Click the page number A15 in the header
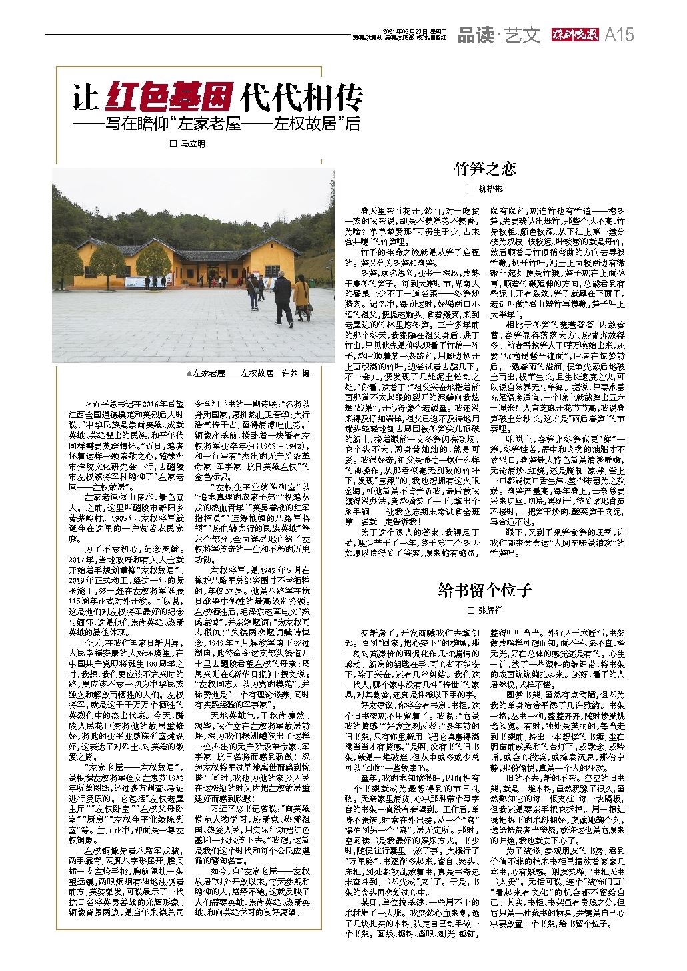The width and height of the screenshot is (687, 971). (620, 36)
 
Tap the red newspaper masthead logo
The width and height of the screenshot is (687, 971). (575, 36)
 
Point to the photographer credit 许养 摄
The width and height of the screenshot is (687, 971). (297, 374)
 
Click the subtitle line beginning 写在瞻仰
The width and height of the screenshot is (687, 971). (217, 124)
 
